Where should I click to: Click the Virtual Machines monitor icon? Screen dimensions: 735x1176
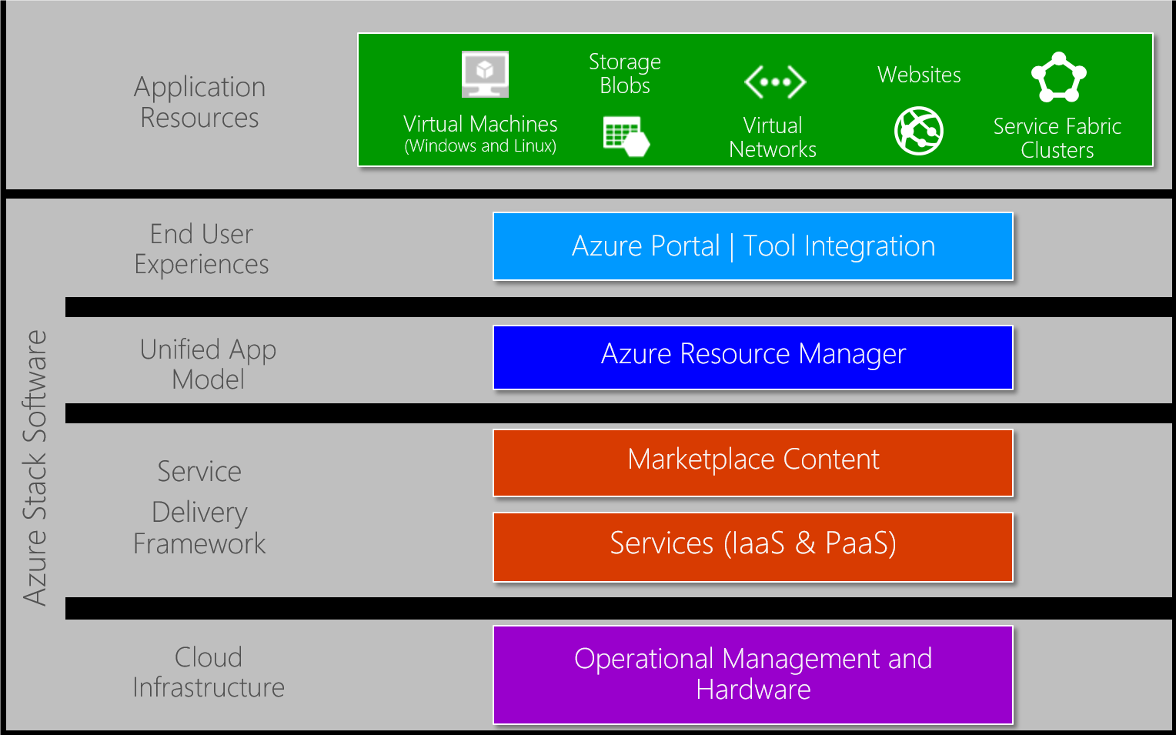tap(485, 74)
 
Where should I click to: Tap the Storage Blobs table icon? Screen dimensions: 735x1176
tap(626, 136)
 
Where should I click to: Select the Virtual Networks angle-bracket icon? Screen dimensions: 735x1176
tap(775, 82)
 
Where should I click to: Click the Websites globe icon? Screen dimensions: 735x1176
tap(919, 130)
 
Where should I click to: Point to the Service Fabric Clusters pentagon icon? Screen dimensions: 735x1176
tap(1059, 78)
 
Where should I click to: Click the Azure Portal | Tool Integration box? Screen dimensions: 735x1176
tap(753, 246)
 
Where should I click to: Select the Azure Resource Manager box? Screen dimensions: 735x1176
tap(753, 357)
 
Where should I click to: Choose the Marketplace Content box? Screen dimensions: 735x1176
tap(753, 462)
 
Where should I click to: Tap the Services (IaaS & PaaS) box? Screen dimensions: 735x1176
tap(753, 546)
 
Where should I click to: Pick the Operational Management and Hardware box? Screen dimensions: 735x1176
tap(753, 674)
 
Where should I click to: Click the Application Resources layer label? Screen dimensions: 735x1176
tap(200, 102)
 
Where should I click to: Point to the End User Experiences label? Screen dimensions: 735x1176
tap(202, 249)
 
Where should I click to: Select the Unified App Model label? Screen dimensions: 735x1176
tap(208, 364)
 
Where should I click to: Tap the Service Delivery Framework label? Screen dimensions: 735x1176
tap(199, 508)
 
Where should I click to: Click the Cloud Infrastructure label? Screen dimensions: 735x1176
tap(208, 672)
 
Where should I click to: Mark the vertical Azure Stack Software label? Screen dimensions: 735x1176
tap(35, 468)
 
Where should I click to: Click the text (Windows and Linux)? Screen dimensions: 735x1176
tap(480, 146)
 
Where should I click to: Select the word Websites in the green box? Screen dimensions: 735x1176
tap(919, 75)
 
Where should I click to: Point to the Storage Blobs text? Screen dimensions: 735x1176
tap(625, 73)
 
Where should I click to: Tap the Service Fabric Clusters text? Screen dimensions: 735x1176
tap(1057, 138)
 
